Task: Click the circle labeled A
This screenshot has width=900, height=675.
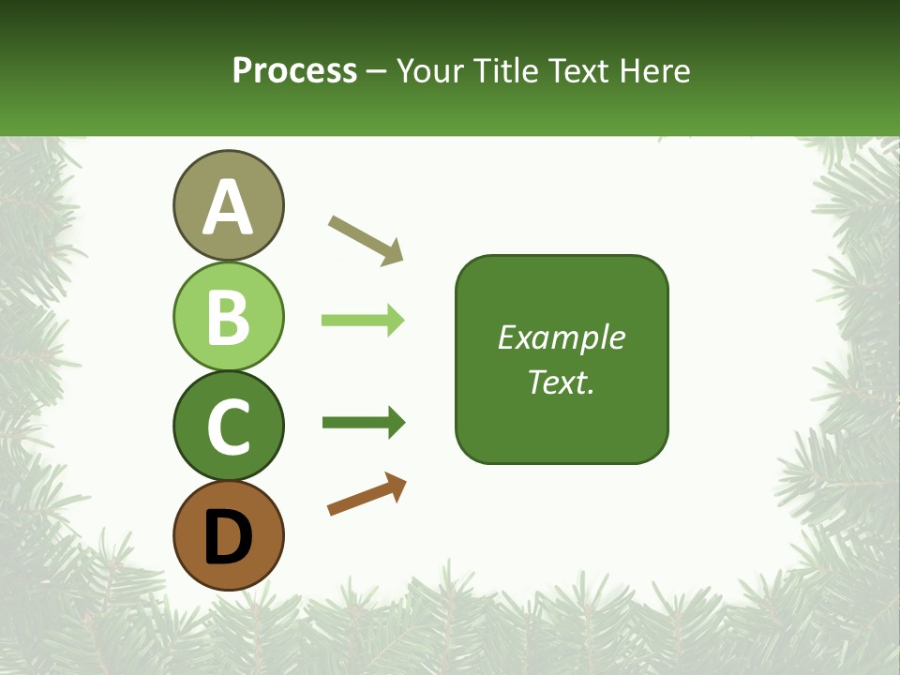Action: click(x=228, y=205)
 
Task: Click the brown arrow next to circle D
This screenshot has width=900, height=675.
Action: click(x=366, y=494)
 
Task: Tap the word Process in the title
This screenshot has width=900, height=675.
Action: click(x=294, y=70)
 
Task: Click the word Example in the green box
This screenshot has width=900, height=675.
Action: click(x=562, y=337)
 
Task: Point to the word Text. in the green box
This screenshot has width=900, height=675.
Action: click(x=562, y=382)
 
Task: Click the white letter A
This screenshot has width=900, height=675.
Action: click(x=228, y=207)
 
